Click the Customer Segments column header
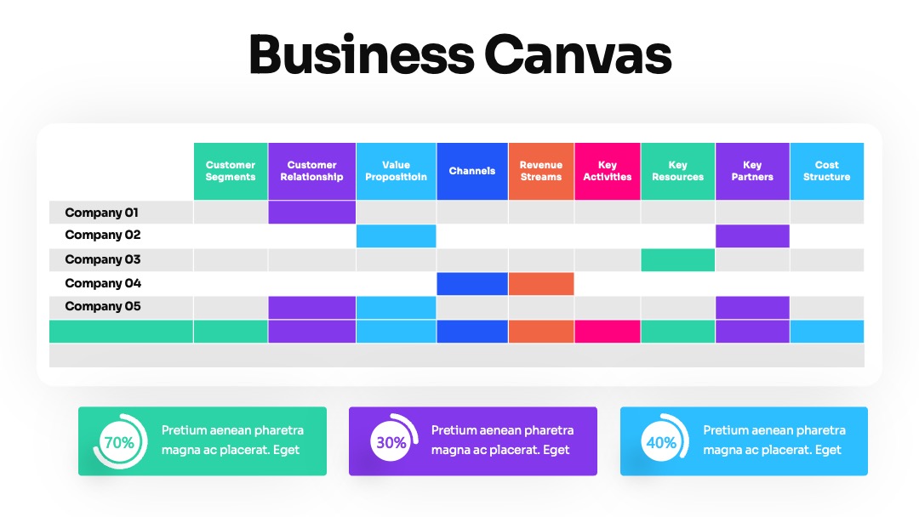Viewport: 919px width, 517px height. coord(231,171)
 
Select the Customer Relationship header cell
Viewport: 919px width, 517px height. coord(311,171)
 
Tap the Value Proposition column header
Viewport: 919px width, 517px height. coord(397,171)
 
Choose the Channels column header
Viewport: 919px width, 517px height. coord(472,171)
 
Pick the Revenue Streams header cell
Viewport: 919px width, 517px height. coord(541,171)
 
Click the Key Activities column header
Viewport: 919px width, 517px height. coord(608,171)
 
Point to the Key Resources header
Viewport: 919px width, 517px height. coord(677,171)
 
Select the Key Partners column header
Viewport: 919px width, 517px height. coord(752,171)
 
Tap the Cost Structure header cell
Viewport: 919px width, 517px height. coord(827,171)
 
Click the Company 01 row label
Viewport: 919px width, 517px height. coord(101,213)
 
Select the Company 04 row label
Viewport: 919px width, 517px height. coord(103,283)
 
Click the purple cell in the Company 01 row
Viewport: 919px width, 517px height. coord(311,213)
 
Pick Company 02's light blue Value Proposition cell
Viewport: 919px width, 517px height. coord(397,236)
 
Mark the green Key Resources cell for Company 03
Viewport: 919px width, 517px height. coord(677,260)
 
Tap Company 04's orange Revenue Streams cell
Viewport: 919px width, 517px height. coord(541,284)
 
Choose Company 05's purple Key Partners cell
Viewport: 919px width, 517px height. coord(752,307)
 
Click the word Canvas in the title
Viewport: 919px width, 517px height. coord(578,55)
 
